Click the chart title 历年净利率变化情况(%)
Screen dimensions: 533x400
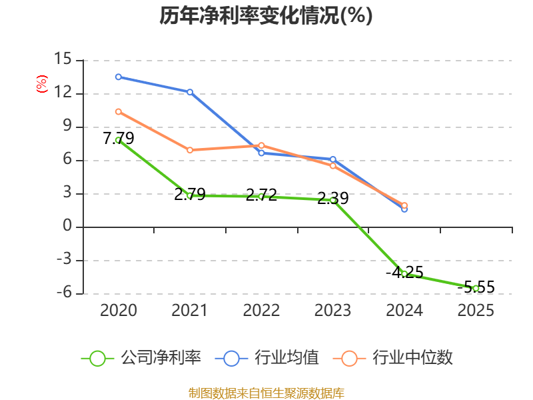pos(266,15)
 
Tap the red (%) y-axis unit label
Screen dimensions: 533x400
pos(42,84)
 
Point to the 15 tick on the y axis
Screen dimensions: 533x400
pos(63,59)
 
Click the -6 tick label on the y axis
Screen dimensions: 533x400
pos(64,293)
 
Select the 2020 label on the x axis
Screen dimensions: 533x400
pos(119,310)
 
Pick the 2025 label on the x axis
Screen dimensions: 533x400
pos(476,310)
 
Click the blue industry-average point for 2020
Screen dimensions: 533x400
pos(119,77)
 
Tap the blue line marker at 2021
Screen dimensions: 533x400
pos(190,92)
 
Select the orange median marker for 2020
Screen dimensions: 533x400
pos(119,111)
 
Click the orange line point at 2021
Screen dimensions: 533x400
pos(190,150)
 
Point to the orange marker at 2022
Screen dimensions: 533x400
pos(261,145)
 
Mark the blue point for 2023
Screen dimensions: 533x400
pos(332,159)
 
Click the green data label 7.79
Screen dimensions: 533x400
pos(119,138)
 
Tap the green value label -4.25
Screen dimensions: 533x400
pos(404,273)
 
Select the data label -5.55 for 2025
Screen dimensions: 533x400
pos(476,287)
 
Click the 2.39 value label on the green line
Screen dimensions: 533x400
pos(332,198)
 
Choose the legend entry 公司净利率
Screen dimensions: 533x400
pos(141,358)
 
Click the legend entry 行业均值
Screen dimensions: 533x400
pos(267,358)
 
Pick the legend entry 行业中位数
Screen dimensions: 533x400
pos(392,358)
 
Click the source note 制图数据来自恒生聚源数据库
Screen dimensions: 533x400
pos(266,393)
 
